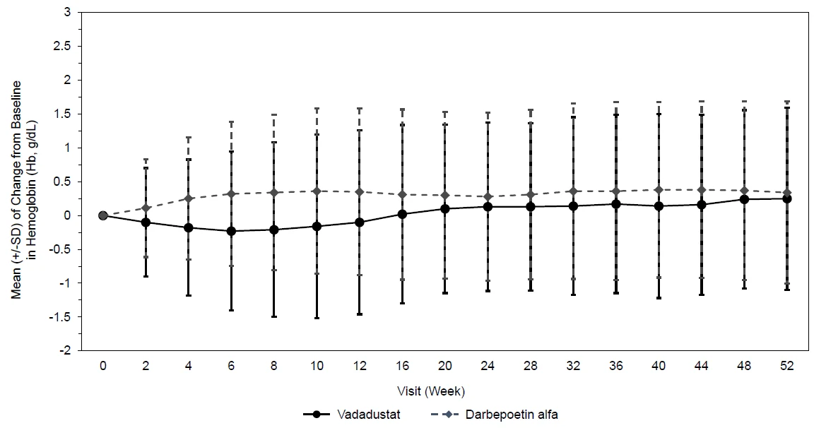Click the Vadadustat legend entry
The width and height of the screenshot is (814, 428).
coord(352,415)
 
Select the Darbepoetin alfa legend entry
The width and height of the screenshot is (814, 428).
coord(494,415)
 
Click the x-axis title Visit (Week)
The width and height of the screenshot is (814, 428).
coord(431,391)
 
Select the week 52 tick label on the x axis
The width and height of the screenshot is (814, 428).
coord(787,366)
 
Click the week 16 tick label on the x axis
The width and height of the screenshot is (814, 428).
coord(402,366)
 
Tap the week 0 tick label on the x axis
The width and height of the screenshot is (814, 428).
coord(102,366)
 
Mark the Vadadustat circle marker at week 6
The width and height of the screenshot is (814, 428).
coord(231,231)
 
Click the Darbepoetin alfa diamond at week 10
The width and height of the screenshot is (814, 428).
coord(317,191)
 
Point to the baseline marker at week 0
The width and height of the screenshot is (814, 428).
coord(102,215)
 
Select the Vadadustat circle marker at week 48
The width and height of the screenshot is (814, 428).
coord(744,199)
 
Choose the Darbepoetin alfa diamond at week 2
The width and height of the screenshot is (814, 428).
coord(146,208)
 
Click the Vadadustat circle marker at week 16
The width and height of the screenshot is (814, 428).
coord(402,214)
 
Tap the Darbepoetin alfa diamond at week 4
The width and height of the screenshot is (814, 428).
coord(189,198)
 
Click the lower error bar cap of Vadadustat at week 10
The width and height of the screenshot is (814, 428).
coord(317,318)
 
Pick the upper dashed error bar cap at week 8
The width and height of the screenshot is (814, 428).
coord(273,114)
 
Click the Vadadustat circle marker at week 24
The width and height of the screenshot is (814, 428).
coord(488,206)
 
